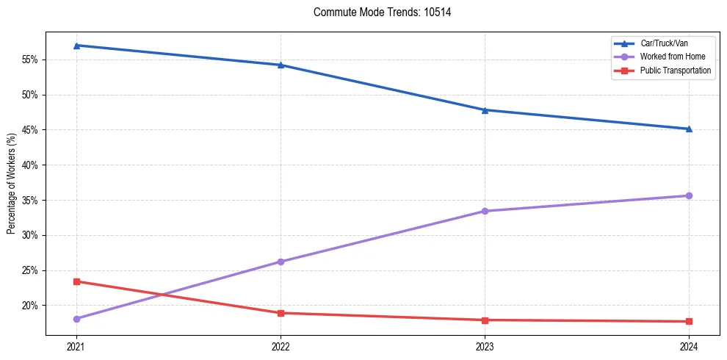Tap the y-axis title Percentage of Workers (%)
coord(12,184)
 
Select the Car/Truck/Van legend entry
coord(664,43)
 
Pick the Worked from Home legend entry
coord(669,57)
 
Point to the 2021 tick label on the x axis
coord(76,346)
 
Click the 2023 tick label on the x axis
coord(485,346)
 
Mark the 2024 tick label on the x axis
coord(689,346)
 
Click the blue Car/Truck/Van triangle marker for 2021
coord(76,46)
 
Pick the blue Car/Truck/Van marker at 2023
coord(485,110)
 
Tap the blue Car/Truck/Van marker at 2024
coord(689,129)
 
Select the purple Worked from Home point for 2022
coord(281,262)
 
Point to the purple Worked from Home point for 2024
coord(689,195)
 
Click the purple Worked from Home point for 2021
coord(76,319)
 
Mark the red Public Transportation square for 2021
coord(76,281)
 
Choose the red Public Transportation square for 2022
coord(281,313)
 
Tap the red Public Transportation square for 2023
coord(485,320)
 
